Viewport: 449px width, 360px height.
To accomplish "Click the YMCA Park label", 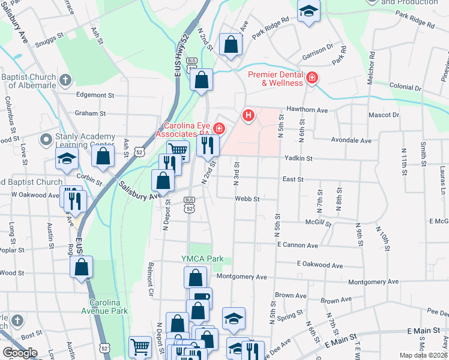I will [203, 259].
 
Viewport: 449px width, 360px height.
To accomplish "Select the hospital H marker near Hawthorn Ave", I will [248, 115].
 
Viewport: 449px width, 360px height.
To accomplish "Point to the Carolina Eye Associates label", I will [186, 130].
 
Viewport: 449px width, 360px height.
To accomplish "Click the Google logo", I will [20, 353].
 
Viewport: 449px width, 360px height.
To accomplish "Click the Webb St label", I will [247, 199].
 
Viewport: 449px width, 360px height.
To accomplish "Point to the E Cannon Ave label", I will [297, 245].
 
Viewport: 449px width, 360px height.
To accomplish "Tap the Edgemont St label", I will [95, 95].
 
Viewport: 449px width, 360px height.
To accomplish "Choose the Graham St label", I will [90, 113].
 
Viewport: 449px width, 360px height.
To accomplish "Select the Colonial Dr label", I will [405, 88].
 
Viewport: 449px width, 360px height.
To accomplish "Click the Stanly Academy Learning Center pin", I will [46, 140].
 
